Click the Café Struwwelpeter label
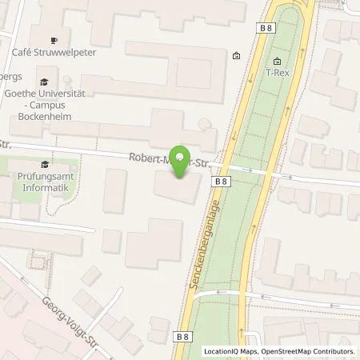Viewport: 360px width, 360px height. [66, 53]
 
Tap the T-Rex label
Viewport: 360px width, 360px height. [277, 72]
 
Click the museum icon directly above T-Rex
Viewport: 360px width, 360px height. [277, 61]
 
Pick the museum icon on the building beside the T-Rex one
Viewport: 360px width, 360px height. [236, 56]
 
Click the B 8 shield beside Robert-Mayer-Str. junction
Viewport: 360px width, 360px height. [222, 182]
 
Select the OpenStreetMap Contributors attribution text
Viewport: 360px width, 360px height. [309, 351]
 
